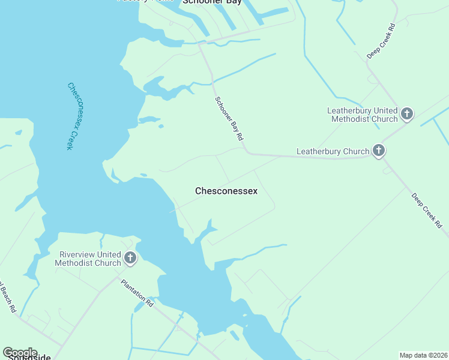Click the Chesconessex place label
coord(226,191)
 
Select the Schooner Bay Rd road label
coord(229,119)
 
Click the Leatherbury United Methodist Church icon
coord(407,114)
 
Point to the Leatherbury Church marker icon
coord(379,151)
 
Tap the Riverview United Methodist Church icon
coord(130,259)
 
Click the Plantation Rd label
coord(137,293)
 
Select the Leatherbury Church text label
coord(333,151)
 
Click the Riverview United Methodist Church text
coord(88,259)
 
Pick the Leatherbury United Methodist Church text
coord(362,115)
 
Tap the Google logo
coord(20,352)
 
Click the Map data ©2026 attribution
coord(424,355)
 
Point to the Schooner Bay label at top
coord(212,2)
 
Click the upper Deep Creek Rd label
coord(382,41)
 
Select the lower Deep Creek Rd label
coord(427,211)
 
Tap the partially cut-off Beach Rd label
coord(7,297)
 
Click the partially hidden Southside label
coord(26,358)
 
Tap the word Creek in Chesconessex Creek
coord(67,138)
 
